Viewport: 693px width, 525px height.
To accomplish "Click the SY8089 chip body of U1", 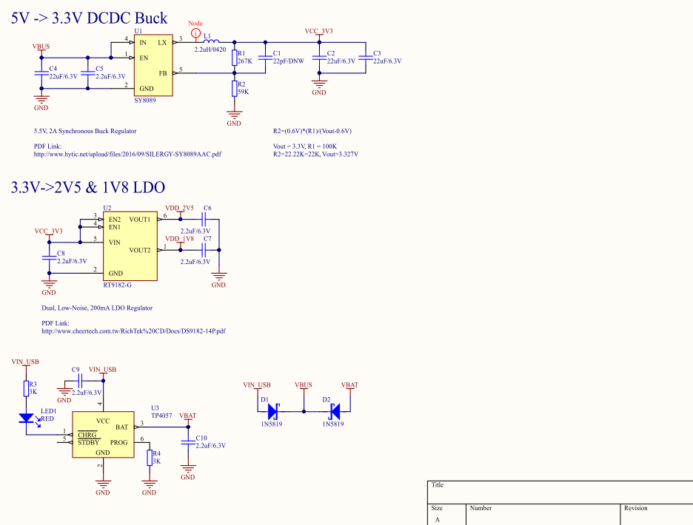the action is (153, 65).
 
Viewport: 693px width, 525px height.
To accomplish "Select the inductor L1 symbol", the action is (211, 41).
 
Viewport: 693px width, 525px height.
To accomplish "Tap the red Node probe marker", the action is (195, 33).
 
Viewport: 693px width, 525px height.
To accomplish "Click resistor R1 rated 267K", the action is (234, 58).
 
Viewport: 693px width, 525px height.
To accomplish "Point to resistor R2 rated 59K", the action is (234, 88).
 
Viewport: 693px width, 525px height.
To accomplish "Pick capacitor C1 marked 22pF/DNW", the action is (265, 58).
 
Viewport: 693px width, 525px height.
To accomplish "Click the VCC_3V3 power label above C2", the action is (318, 31).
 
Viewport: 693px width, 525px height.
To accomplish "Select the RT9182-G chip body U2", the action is (130, 246).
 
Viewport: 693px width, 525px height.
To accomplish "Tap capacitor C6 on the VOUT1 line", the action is (204, 219).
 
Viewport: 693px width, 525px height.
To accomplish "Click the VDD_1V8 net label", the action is (179, 239).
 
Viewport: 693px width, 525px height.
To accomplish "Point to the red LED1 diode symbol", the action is (27, 418).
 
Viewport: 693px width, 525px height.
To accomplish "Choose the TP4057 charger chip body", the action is (103, 435).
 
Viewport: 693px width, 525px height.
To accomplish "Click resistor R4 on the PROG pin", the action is (150, 458).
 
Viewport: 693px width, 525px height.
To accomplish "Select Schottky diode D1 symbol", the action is (272, 412).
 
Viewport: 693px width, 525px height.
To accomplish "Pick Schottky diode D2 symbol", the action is (335, 412).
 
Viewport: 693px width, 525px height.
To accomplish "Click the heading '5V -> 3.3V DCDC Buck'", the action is (90, 18).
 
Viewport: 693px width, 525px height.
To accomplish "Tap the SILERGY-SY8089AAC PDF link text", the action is (127, 154).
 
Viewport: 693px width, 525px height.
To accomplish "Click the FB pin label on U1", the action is (163, 73).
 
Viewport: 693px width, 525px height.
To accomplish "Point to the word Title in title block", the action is (438, 485).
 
